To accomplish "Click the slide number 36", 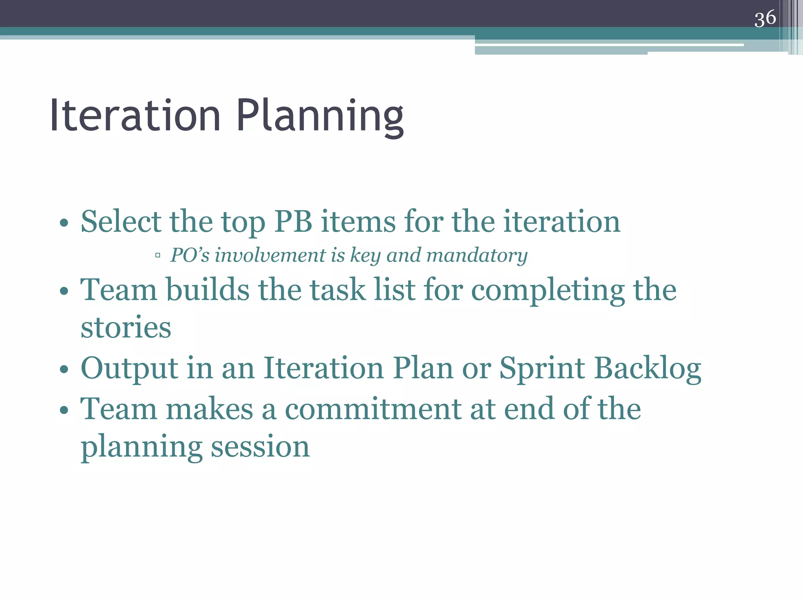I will tap(765, 18).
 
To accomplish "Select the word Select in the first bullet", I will tap(121, 221).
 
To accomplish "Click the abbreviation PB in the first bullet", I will tap(293, 221).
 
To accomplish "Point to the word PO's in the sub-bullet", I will tap(190, 255).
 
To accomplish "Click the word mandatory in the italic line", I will tap(477, 255).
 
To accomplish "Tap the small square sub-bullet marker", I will tap(158, 256).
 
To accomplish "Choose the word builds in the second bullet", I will tap(208, 290).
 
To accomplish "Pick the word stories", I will tap(126, 327).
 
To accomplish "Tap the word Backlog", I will tap(648, 368).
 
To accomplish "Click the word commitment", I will tap(373, 409).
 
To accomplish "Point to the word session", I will tap(260, 447).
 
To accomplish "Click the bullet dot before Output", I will tap(64, 370).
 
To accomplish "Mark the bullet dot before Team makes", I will tap(64, 410).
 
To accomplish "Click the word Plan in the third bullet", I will tap(423, 368).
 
